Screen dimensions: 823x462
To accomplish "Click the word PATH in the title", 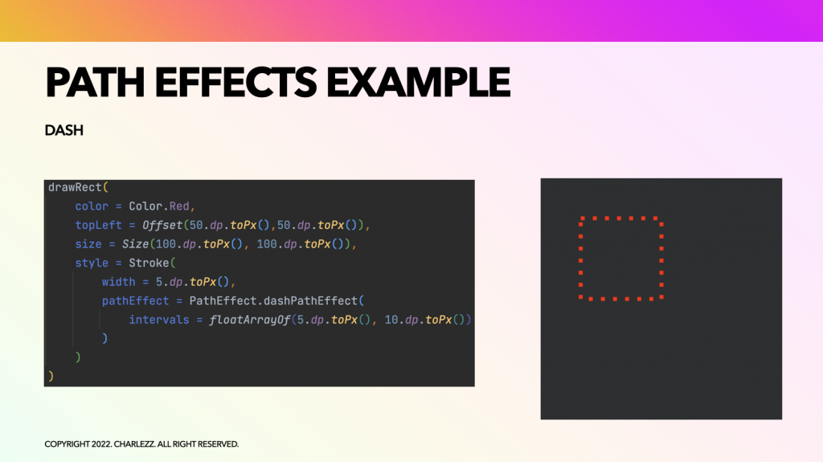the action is (x=95, y=83).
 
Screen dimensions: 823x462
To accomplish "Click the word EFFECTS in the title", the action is (x=235, y=83).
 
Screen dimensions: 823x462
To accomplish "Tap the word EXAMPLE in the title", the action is (x=418, y=83).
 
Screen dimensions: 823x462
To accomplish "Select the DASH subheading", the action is (x=64, y=130).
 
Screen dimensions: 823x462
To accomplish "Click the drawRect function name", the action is (x=75, y=187).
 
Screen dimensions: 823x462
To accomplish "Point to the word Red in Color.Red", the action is (x=179, y=206).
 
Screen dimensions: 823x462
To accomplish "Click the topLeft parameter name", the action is (x=98, y=225).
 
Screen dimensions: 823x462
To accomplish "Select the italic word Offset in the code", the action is (x=162, y=225).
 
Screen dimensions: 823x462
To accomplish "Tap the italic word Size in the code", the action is (x=135, y=244).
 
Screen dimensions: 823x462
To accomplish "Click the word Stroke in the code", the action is (x=149, y=263).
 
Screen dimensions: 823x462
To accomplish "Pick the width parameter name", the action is (x=119, y=282).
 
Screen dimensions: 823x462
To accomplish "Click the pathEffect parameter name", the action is (x=135, y=301).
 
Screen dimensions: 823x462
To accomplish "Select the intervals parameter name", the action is (x=159, y=320).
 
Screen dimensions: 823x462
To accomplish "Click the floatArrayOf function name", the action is (x=250, y=320).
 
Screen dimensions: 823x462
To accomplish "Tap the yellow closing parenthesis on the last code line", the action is (x=51, y=376).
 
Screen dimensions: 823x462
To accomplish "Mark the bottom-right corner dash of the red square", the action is (x=661, y=297).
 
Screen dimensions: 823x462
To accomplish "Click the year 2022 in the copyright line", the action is (x=101, y=444).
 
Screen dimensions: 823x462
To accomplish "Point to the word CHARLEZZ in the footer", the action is (x=134, y=444).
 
